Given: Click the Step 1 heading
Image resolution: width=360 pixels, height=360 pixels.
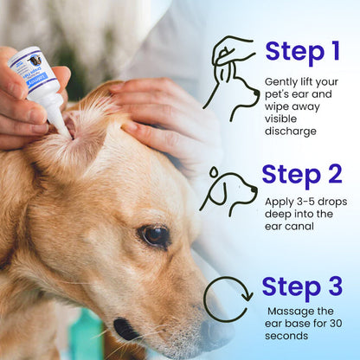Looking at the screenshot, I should (302, 52).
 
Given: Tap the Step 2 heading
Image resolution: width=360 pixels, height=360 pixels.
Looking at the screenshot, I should (302, 175).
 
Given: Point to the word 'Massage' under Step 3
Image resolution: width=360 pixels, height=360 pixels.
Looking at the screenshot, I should (289, 311).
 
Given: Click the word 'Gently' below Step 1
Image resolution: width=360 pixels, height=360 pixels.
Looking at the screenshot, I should (282, 81).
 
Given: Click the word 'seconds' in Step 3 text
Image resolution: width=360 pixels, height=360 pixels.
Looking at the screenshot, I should (290, 335).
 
